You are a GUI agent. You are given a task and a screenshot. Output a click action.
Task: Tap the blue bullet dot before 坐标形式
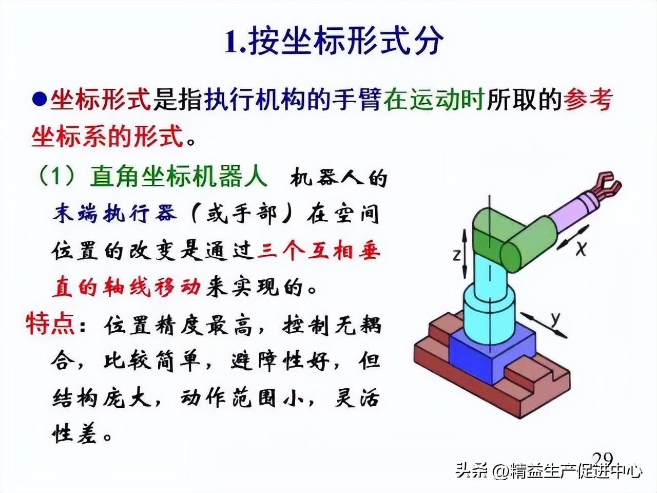pyautogui.click(x=40, y=99)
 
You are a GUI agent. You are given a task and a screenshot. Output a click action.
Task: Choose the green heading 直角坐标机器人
pyautogui.click(x=179, y=176)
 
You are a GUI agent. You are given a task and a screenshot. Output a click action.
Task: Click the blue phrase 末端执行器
pyautogui.click(x=114, y=214)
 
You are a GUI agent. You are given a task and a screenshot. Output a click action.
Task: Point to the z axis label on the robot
pyautogui.click(x=456, y=255)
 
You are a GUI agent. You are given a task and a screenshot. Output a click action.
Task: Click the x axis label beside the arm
pyautogui.click(x=581, y=249)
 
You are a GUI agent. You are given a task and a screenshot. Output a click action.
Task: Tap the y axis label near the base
pyautogui.click(x=555, y=319)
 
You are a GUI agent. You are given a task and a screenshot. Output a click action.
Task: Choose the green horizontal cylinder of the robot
pyautogui.click(x=529, y=246)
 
